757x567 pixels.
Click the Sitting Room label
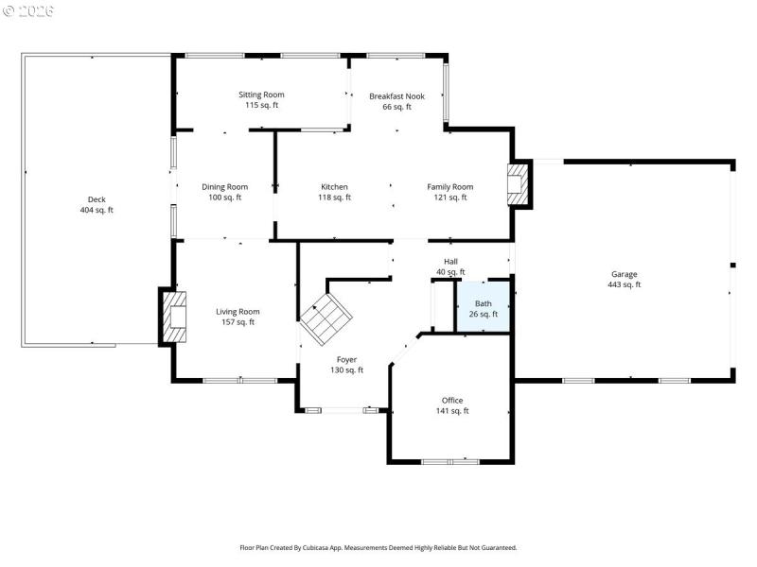(261, 94)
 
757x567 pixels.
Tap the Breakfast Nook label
(396, 95)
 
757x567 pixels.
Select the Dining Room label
(225, 187)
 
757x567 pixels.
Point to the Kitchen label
(334, 187)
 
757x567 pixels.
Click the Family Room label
(450, 187)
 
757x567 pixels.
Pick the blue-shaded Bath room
(484, 306)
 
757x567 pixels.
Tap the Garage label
(625, 274)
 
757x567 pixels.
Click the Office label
(452, 400)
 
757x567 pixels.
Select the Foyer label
(347, 359)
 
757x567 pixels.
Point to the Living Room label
(238, 312)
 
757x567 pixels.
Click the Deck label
(97, 199)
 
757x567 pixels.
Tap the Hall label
(450, 262)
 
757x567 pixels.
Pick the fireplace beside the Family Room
(519, 184)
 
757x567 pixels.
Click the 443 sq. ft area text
(625, 284)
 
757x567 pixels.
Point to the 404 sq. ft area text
(97, 210)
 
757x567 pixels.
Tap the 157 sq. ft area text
(238, 322)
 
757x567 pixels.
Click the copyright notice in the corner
(29, 11)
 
